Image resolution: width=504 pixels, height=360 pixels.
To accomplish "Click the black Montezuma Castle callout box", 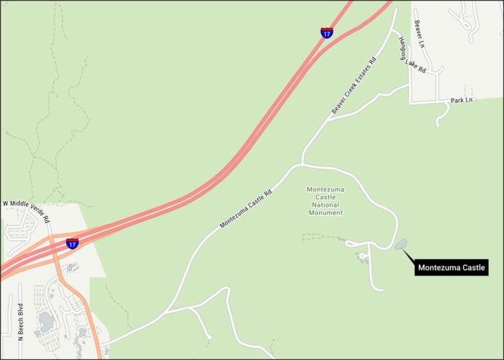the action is click(452, 268).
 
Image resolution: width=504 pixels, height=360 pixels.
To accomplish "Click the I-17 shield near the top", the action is click(326, 32).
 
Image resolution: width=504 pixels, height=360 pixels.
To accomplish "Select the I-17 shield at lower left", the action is click(72, 243).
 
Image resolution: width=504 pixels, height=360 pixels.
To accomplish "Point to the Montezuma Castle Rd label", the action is click(246, 208).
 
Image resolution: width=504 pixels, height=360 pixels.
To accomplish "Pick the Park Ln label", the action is click(462, 99).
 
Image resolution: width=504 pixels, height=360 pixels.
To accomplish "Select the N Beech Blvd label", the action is click(20, 320).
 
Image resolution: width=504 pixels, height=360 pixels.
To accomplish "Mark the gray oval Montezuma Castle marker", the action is click(400, 244).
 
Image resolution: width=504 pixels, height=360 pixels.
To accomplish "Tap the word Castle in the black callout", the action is click(472, 268).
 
